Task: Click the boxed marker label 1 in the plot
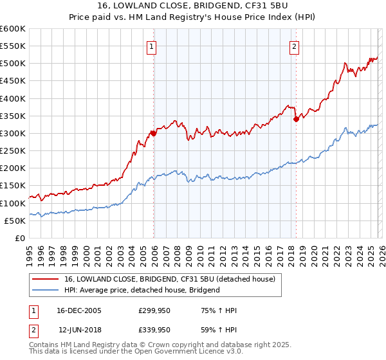[151, 46]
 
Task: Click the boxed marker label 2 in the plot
[294, 46]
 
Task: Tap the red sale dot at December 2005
[154, 134]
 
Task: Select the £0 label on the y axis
[19, 238]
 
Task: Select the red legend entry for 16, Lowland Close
[170, 279]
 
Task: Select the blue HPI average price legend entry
[142, 290]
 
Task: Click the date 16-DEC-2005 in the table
[78, 310]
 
